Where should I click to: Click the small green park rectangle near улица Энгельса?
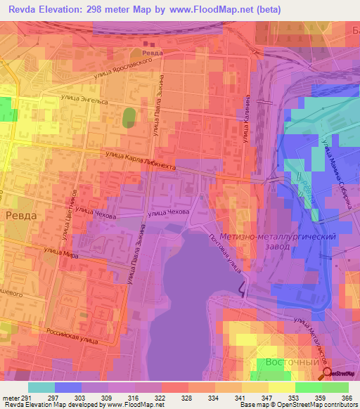pos(129,117)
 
